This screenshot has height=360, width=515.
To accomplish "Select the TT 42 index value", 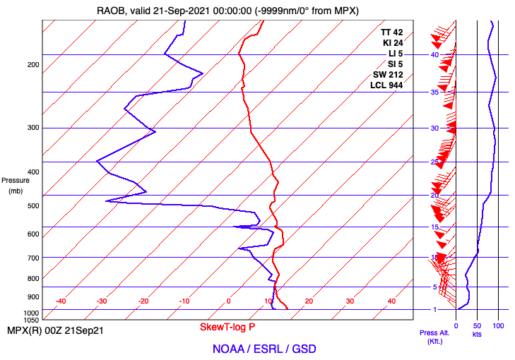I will tap(391, 32).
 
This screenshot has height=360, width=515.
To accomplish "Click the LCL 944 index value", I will tap(386, 85).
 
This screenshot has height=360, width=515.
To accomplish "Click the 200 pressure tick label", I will tap(32, 65).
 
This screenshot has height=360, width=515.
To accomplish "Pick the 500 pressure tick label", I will tap(32, 205).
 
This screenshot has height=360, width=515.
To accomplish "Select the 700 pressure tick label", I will tap(32, 258).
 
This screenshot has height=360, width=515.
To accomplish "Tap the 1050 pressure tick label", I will tap(30, 320).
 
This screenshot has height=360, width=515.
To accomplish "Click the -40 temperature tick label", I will tap(61, 301).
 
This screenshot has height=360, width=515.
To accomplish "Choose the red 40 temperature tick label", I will tap(391, 301).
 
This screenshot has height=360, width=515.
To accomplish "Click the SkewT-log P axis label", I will tap(227, 328).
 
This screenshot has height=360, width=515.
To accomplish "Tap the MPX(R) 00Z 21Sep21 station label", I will tap(55, 330).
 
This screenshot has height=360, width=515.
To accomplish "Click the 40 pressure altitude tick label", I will tap(435, 54).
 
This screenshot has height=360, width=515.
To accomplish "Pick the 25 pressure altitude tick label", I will tap(435, 162).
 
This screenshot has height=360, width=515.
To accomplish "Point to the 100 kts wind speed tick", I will tap(498, 325).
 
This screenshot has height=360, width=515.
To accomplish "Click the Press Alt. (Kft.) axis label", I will tap(431, 337).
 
